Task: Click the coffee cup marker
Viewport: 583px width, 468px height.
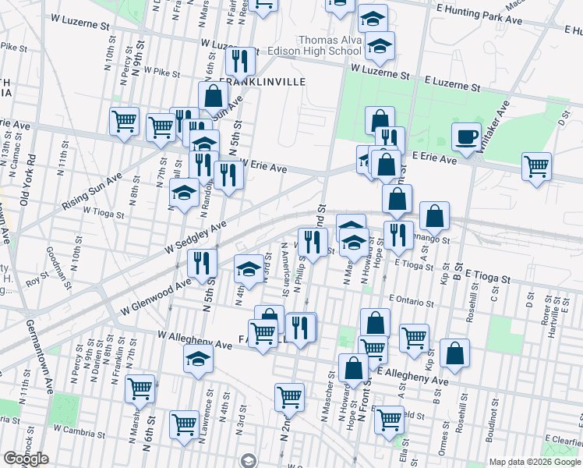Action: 468,136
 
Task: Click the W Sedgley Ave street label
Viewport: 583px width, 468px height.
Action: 195,236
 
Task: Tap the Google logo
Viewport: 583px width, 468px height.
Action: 26,459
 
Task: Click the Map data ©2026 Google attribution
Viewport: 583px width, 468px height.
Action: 534,462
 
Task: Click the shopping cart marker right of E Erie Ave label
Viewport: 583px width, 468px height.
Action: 536,166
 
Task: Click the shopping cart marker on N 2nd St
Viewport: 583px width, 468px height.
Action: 289,397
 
